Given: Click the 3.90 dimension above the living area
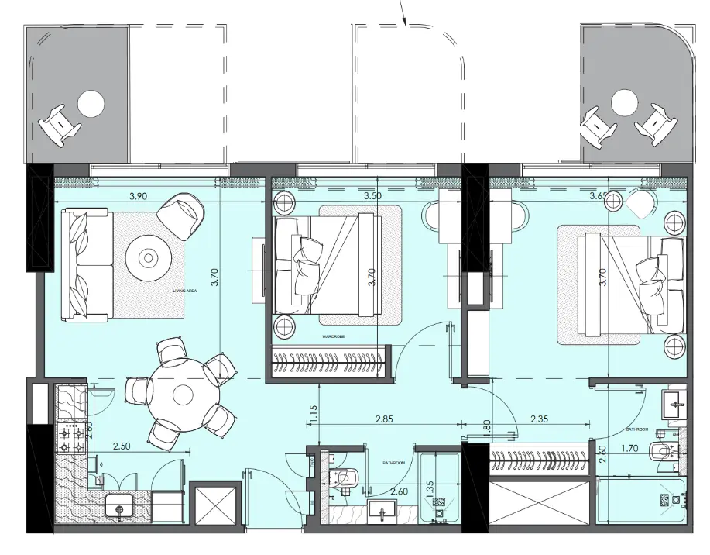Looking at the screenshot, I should coord(138,196).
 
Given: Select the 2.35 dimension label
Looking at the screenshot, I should coord(540,419).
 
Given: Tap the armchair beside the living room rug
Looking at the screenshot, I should coord(182,215).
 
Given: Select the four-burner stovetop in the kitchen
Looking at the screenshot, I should coord(74,440).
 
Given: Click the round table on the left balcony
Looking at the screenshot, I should coord(91,102).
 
